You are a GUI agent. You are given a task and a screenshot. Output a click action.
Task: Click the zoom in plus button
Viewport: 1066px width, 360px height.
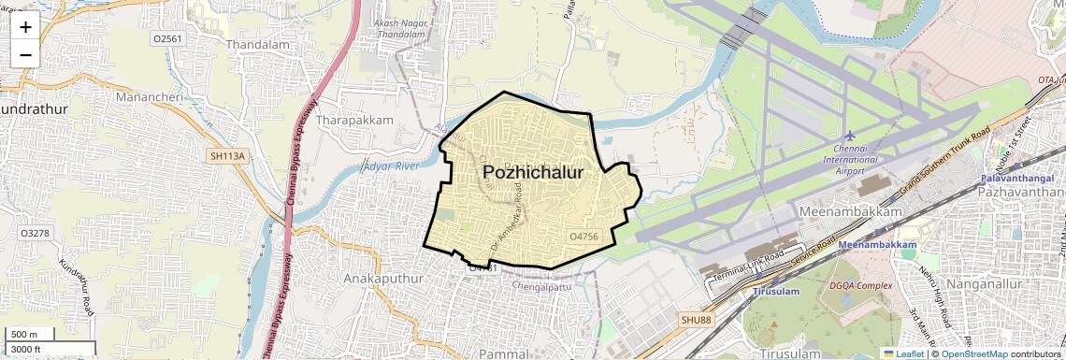[x=25, y=26]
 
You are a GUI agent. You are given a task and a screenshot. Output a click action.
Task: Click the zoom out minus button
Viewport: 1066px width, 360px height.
[x=25, y=54]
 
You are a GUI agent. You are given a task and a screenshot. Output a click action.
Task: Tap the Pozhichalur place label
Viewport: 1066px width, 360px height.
[x=533, y=173]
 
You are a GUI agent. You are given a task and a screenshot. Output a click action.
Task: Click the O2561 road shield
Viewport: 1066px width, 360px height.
[x=167, y=38]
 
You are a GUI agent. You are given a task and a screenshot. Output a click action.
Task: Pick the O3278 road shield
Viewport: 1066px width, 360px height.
[x=35, y=232]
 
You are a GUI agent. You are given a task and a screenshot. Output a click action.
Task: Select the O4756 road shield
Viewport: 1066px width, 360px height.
[x=583, y=237]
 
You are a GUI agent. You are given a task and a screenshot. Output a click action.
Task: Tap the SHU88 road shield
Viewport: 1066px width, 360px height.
[x=696, y=320]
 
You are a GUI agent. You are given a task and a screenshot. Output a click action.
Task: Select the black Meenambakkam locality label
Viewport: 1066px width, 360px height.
[x=851, y=212]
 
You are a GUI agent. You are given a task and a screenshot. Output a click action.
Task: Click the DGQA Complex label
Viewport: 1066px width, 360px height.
[x=860, y=285]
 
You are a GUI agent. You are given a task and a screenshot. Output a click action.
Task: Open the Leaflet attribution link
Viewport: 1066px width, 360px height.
[x=903, y=353]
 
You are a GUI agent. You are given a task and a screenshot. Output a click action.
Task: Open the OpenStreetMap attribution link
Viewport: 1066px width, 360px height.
[x=973, y=353]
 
